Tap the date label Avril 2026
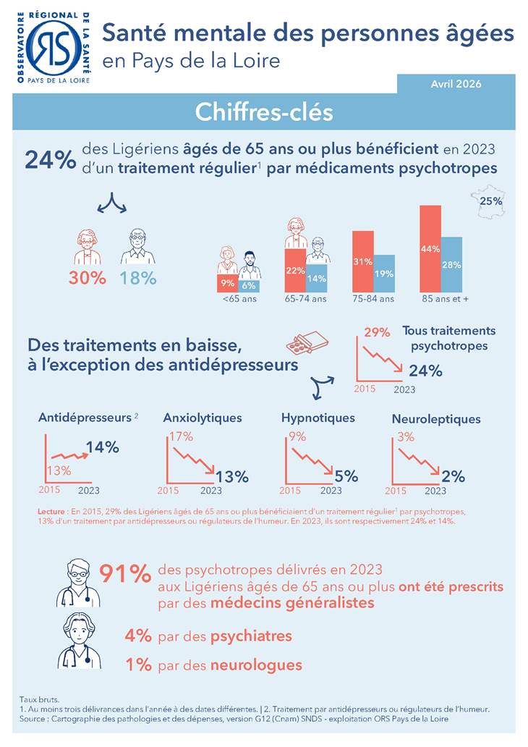coord(456,83)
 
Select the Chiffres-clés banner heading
coord(264,112)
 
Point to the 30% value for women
coord(88,278)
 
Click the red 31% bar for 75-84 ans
coord(362,261)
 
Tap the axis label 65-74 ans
coord(305,298)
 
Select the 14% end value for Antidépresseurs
coord(102,447)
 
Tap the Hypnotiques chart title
coord(318,418)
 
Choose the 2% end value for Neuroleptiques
coord(453,476)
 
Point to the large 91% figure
coord(124,573)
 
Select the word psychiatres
coord(251,636)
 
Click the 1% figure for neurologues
coord(137,664)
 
